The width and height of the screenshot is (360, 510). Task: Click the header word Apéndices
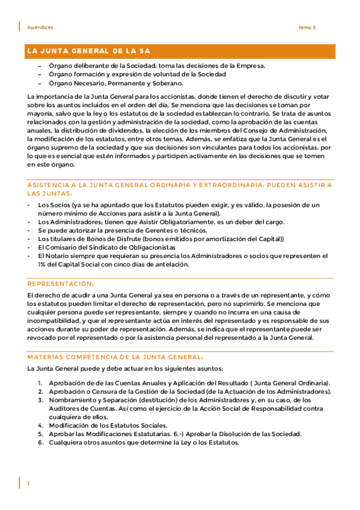coord(40,28)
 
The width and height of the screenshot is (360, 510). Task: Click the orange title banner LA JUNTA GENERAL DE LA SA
coord(88,51)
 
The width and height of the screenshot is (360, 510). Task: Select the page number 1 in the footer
coord(28,484)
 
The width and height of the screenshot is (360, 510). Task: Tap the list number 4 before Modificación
coord(40,425)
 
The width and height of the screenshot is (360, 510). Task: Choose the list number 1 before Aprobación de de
coord(40,384)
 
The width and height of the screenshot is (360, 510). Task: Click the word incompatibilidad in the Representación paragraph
coord(56,321)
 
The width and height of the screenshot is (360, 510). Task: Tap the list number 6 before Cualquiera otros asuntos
coord(40,443)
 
